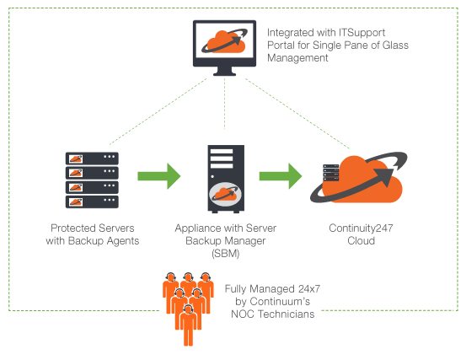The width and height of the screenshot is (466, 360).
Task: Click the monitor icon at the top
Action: pyautogui.click(x=224, y=47)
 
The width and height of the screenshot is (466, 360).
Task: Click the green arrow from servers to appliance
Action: pyautogui.click(x=159, y=176)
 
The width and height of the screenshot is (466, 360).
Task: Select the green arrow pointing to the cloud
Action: pyautogui.click(x=281, y=176)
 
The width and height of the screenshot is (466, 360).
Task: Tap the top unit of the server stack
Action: pyautogui.click(x=92, y=159)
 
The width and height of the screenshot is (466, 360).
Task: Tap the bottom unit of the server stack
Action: pyautogui.click(x=92, y=201)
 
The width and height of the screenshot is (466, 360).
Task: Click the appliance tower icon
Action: pyautogui.click(x=226, y=179)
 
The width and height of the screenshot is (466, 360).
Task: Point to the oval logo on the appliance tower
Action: pyautogui.click(x=225, y=195)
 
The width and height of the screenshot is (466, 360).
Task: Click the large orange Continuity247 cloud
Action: pyautogui.click(x=359, y=179)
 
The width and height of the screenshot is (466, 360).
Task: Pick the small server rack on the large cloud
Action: pyautogui.click(x=331, y=173)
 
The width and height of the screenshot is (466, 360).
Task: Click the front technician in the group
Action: pyautogui.click(x=188, y=325)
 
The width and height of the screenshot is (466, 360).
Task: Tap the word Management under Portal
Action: pyautogui.click(x=297, y=57)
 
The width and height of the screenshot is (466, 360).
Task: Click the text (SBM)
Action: pyautogui.click(x=226, y=254)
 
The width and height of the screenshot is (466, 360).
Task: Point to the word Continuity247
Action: pyautogui.click(x=361, y=228)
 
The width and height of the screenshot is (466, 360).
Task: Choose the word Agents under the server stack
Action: pyautogui.click(x=123, y=241)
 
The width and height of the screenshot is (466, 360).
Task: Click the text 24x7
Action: pyautogui.click(x=309, y=288)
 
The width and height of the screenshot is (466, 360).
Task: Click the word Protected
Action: pyautogui.click(x=73, y=228)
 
